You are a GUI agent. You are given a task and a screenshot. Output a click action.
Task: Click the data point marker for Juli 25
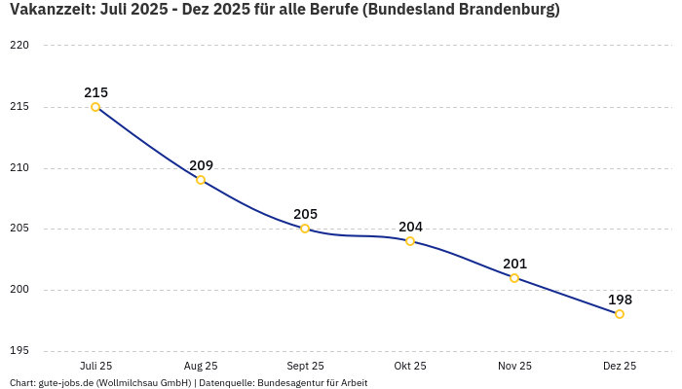(95, 107)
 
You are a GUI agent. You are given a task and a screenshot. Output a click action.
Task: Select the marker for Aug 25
(201, 180)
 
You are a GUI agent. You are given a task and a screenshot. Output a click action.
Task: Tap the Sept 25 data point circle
(305, 229)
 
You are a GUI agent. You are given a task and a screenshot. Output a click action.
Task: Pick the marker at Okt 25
(410, 241)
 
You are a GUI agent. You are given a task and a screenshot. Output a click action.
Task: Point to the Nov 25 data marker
(514, 278)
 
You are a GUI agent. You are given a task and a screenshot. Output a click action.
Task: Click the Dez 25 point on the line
(620, 314)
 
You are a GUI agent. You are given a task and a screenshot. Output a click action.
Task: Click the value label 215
(95, 92)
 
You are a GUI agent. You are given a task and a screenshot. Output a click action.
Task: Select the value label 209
(201, 165)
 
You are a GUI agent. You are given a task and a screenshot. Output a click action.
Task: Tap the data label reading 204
(410, 227)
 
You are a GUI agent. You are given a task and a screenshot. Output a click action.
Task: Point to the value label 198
(620, 300)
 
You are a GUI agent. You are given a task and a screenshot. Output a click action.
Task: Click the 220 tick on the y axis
(19, 46)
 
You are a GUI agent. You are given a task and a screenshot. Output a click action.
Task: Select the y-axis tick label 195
(19, 351)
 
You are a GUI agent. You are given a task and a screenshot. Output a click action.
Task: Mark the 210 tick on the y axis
(19, 168)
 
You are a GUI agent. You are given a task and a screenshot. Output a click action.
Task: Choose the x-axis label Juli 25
(95, 366)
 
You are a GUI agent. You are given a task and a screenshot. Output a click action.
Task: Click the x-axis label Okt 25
(410, 366)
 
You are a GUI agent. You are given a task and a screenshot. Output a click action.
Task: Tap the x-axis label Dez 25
(620, 366)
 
